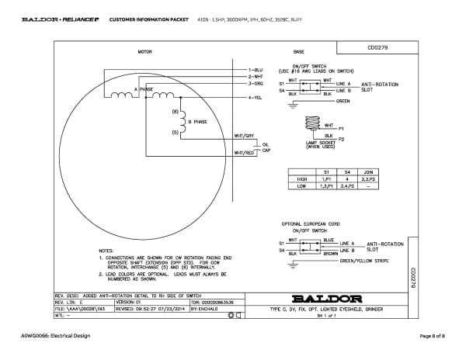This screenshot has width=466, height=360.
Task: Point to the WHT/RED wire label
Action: tap(245, 153)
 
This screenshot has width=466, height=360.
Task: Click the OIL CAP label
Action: tap(266, 147)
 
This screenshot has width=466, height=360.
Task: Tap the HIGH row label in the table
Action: tap(302, 178)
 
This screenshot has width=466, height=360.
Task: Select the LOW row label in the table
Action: tap(302, 186)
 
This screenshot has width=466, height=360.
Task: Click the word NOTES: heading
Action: tap(107, 251)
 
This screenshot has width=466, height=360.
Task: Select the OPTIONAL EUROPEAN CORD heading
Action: tap(311, 223)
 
